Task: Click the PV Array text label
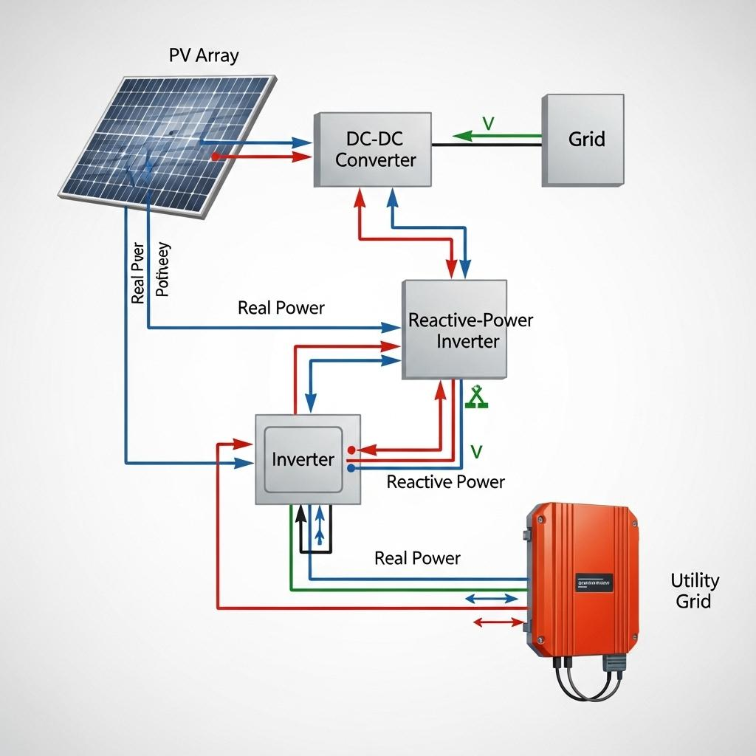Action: click(x=204, y=55)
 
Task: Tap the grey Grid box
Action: click(x=583, y=140)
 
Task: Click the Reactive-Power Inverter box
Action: click(x=455, y=330)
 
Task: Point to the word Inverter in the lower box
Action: click(x=303, y=459)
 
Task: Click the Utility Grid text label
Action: click(x=694, y=591)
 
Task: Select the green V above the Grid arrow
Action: click(x=487, y=123)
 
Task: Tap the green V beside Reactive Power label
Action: click(x=476, y=451)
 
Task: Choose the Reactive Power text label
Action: click(x=446, y=482)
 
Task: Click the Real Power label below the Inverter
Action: click(x=417, y=558)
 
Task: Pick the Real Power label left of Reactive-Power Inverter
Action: click(x=281, y=308)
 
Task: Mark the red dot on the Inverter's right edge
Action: click(x=351, y=449)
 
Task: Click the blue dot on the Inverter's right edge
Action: click(x=351, y=467)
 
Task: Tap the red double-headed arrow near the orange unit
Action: click(x=495, y=622)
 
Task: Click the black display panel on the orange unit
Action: click(x=594, y=582)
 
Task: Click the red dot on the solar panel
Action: click(x=215, y=157)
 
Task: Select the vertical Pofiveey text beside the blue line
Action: click(x=163, y=269)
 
